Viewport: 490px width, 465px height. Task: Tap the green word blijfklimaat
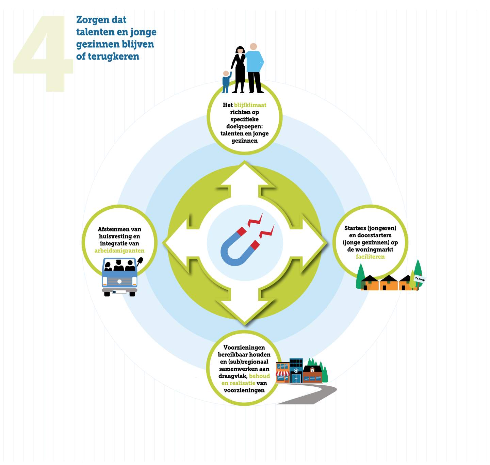coord(250,105)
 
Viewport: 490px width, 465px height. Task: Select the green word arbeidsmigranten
coord(119,251)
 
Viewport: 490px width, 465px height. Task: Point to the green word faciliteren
coord(370,257)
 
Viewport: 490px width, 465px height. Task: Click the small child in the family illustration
coord(226,82)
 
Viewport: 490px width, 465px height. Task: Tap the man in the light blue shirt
coord(254,68)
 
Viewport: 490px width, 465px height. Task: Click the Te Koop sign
coord(420,279)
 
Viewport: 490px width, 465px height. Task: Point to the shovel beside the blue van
coord(140,261)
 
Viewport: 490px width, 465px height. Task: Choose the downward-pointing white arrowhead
coord(245,310)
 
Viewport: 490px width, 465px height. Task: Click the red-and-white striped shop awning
coord(282,373)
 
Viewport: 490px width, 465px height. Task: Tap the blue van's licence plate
coord(119,292)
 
